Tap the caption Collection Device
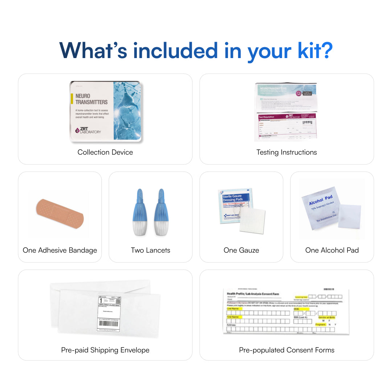tap(105, 152)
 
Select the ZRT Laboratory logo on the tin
tap(88, 130)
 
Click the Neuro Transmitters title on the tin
tap(91, 99)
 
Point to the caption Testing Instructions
tap(287, 152)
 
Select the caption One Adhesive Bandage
tap(60, 250)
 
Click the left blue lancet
tap(140, 212)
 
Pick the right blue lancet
tap(162, 212)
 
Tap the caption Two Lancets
tap(151, 250)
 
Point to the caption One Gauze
tap(241, 250)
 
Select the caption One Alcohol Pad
tap(332, 250)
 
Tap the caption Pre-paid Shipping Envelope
tap(105, 350)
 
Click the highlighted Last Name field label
tap(233, 309)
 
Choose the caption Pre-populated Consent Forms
tap(287, 350)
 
